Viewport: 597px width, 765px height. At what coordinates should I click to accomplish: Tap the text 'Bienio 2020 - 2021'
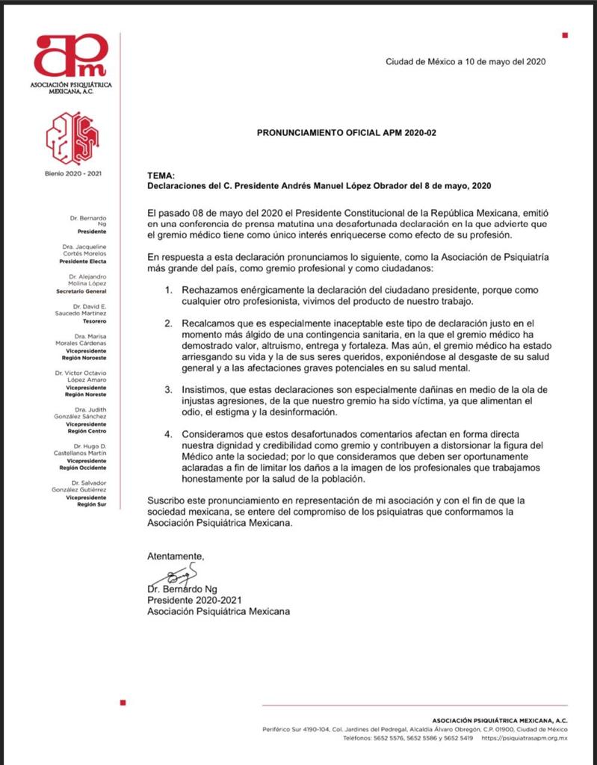[x=72, y=174]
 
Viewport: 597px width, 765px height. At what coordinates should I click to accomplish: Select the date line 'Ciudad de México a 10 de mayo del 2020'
[x=465, y=62]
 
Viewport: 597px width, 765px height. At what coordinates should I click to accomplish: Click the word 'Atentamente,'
[x=175, y=556]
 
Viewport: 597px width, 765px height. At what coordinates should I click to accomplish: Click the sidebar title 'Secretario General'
[x=86, y=291]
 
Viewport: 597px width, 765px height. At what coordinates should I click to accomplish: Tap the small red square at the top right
[x=565, y=35]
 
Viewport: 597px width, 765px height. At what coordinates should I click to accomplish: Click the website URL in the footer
[x=525, y=738]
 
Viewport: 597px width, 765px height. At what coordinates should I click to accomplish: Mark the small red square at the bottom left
[x=123, y=703]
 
